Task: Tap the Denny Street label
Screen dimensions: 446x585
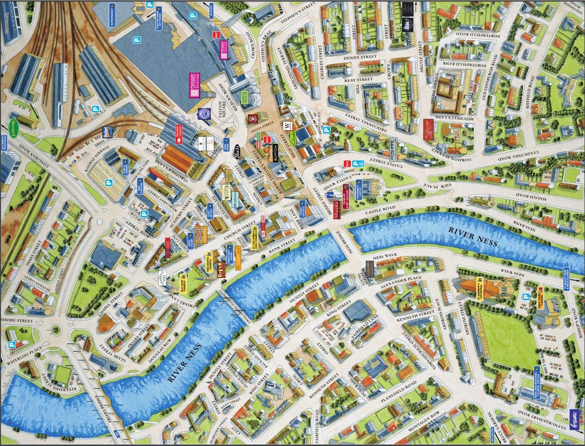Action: [x=357, y=58]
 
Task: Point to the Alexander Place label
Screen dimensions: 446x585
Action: [x=401, y=282]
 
